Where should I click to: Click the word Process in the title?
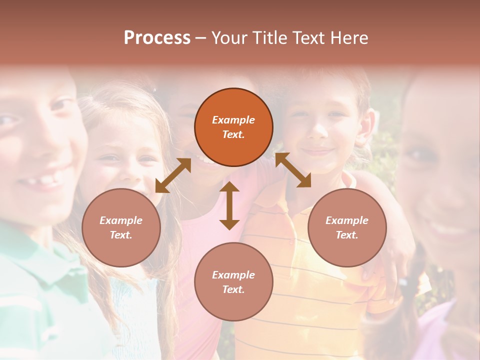157,38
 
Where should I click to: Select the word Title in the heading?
270,38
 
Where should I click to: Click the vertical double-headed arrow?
229,205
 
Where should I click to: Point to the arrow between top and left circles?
173,175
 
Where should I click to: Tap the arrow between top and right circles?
293,170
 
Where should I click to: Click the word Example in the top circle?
233,120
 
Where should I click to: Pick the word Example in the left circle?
121,220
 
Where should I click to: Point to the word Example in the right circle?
347,220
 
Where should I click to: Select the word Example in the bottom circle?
233,275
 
